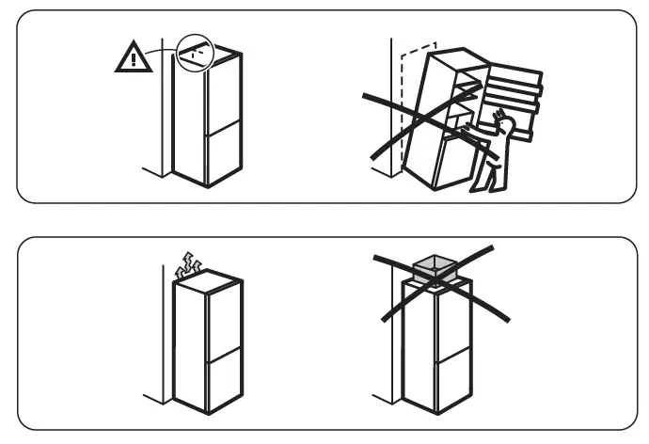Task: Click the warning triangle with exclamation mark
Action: pyautogui.click(x=134, y=58)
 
